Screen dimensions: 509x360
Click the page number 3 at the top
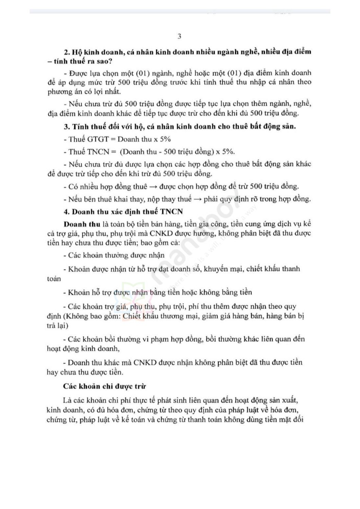179,37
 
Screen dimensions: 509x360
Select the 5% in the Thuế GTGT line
164,139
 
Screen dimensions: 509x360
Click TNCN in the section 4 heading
172,211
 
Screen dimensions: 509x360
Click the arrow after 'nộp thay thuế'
197,199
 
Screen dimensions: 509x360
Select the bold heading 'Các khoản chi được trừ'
105,386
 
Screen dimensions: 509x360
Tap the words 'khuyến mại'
224,269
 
